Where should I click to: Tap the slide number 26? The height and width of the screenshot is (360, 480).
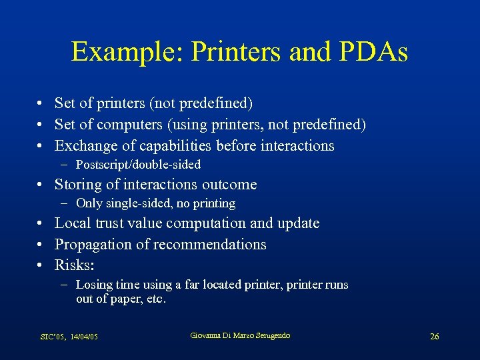[x=434, y=337]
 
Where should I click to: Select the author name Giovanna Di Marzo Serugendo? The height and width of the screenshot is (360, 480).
[x=240, y=335]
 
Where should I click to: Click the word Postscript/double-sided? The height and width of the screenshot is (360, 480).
[x=138, y=164]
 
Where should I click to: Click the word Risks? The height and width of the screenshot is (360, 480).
[x=73, y=265]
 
